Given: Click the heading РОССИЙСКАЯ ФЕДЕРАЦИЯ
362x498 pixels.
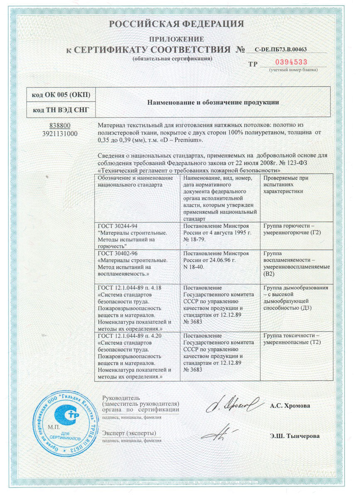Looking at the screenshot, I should [x=176, y=24].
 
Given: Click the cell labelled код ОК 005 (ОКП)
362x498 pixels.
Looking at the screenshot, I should [x=60, y=95].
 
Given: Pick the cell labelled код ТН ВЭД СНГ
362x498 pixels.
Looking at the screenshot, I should [x=60, y=111].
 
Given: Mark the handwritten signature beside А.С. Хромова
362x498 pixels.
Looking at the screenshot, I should [x=232, y=403].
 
